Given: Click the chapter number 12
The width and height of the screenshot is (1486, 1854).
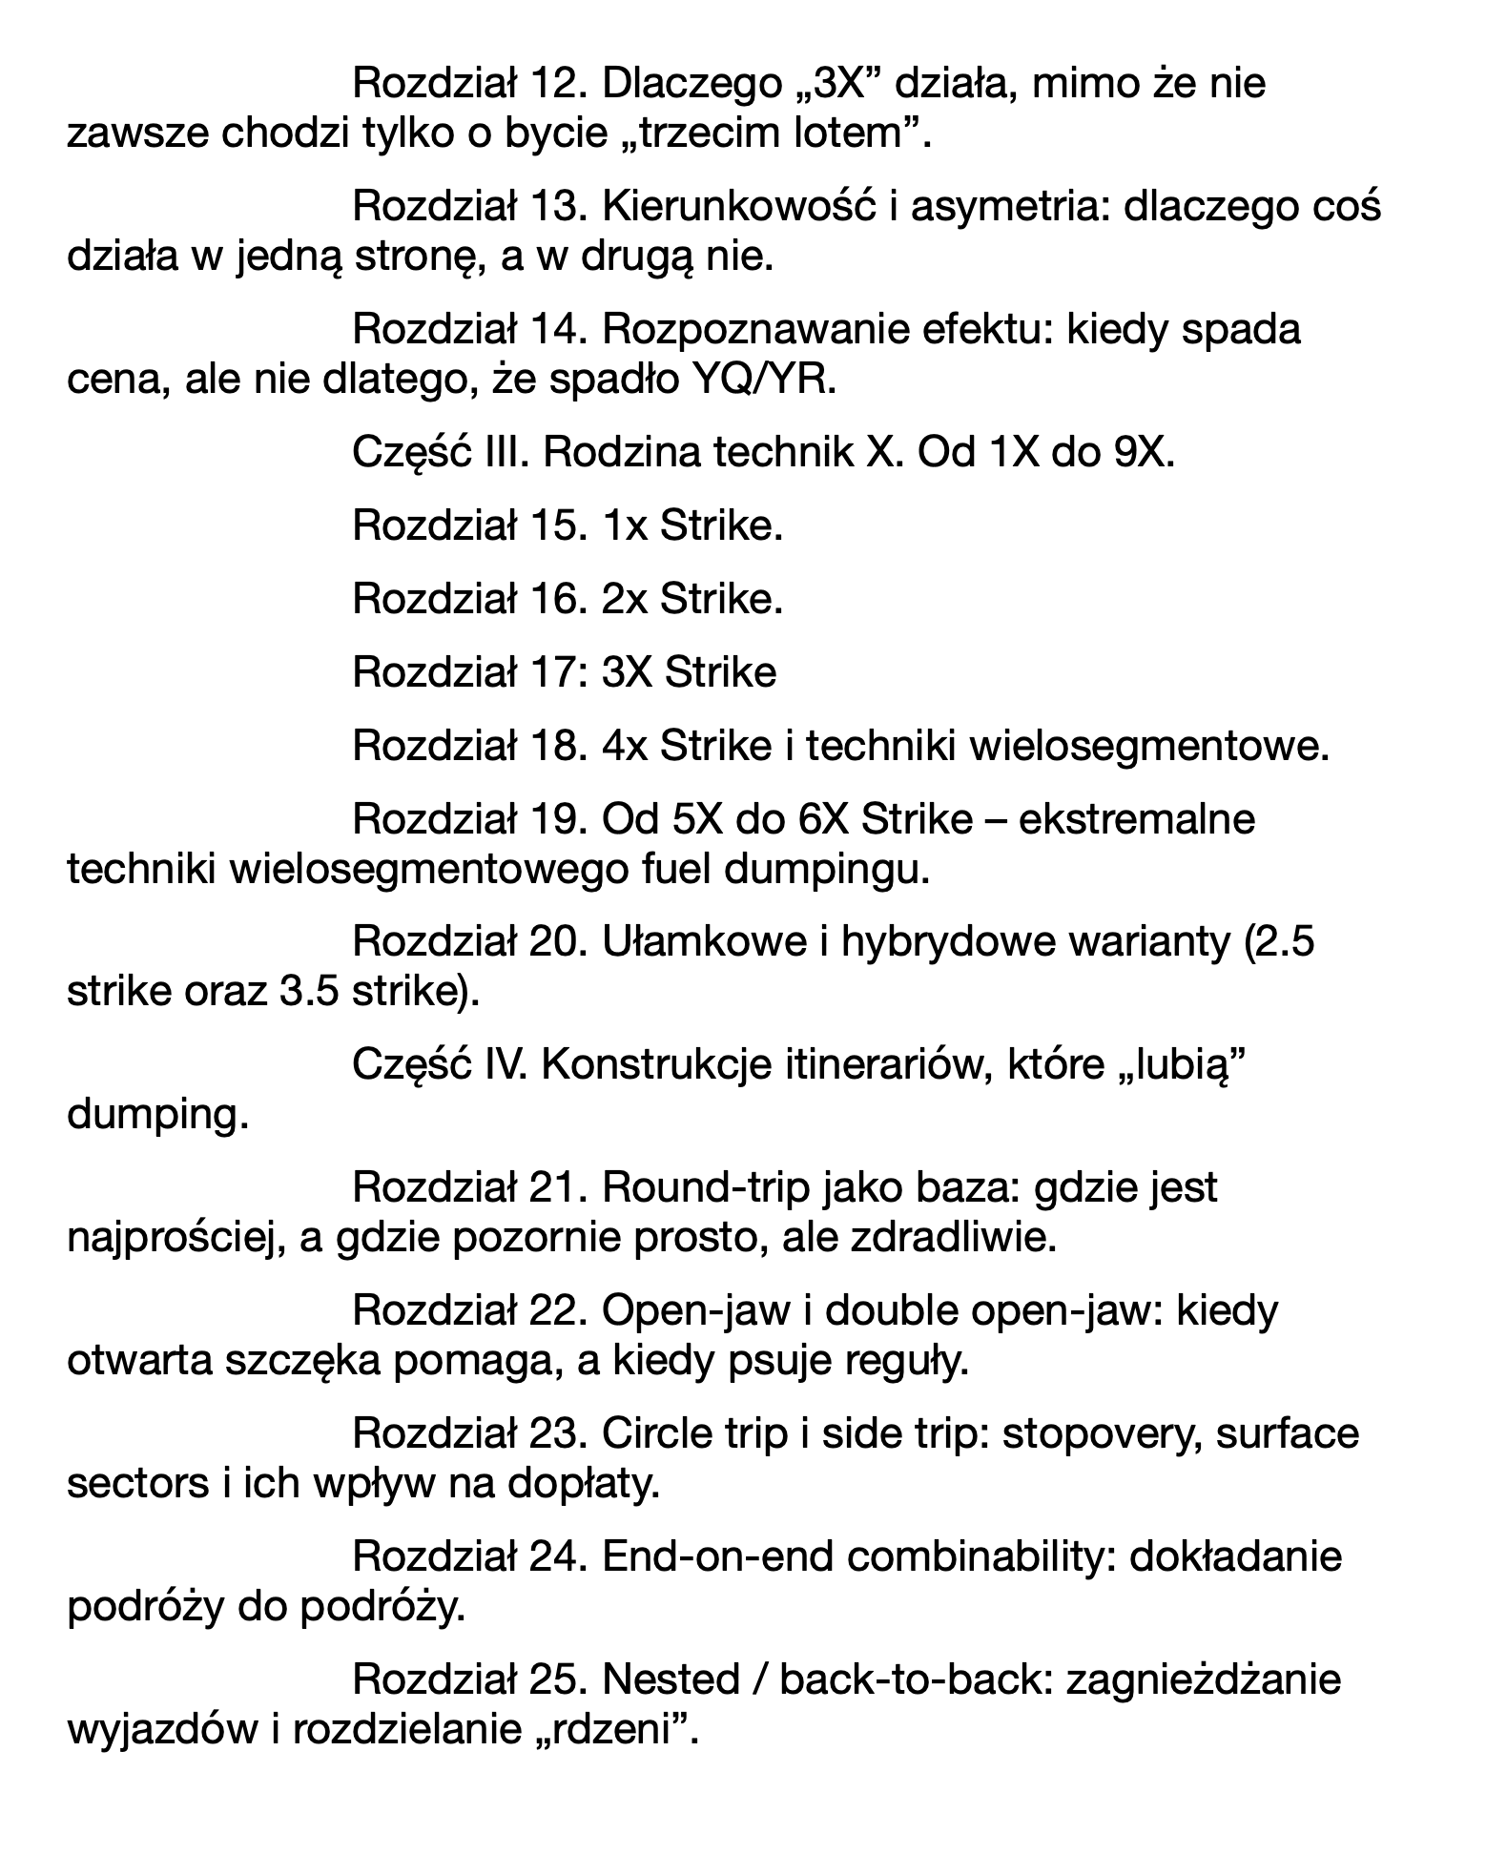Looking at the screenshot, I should point(553,84).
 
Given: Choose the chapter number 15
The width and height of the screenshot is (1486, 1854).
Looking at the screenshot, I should point(553,525).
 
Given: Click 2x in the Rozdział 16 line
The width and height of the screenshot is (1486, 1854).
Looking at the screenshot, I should point(625,599).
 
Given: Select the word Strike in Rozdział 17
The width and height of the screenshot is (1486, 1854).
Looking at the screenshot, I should point(720,672).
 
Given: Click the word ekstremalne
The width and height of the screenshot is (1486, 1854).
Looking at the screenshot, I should point(1137,819).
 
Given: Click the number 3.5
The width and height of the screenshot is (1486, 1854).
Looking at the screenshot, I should point(308,992).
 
